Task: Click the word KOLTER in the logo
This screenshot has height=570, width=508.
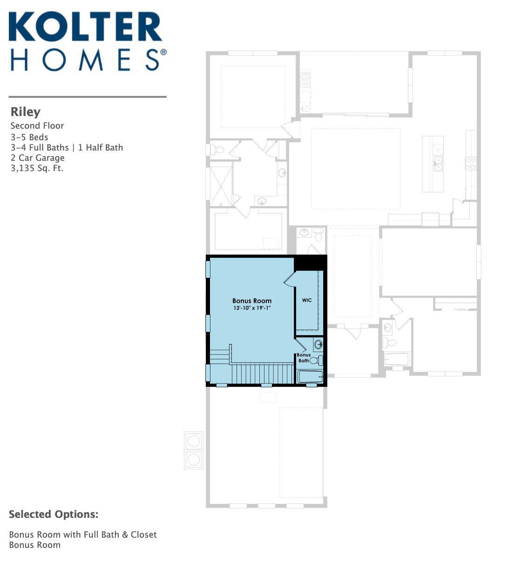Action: (x=86, y=27)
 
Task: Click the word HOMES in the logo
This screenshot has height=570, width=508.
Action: (x=85, y=60)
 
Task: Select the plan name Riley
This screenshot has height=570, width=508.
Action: (x=26, y=112)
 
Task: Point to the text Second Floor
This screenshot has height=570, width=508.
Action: (x=37, y=126)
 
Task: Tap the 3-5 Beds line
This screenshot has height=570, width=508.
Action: (x=29, y=137)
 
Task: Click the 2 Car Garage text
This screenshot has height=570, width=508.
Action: (x=37, y=158)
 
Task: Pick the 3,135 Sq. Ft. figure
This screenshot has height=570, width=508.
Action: (x=37, y=168)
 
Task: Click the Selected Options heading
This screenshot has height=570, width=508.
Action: (x=54, y=514)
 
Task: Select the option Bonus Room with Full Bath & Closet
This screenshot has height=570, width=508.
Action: (x=83, y=535)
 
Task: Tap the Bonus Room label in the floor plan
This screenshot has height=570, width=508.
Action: (x=252, y=301)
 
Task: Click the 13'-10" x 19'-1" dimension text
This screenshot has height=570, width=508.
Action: (x=252, y=308)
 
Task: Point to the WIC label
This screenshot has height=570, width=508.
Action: (x=307, y=300)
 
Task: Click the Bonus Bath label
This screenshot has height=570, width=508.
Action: (x=304, y=357)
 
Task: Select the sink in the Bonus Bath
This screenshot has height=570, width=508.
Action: (x=318, y=344)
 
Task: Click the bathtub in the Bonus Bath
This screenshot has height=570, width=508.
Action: (x=310, y=377)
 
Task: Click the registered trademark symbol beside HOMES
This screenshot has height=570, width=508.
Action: (x=163, y=52)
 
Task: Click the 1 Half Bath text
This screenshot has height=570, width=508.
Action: (x=101, y=148)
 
